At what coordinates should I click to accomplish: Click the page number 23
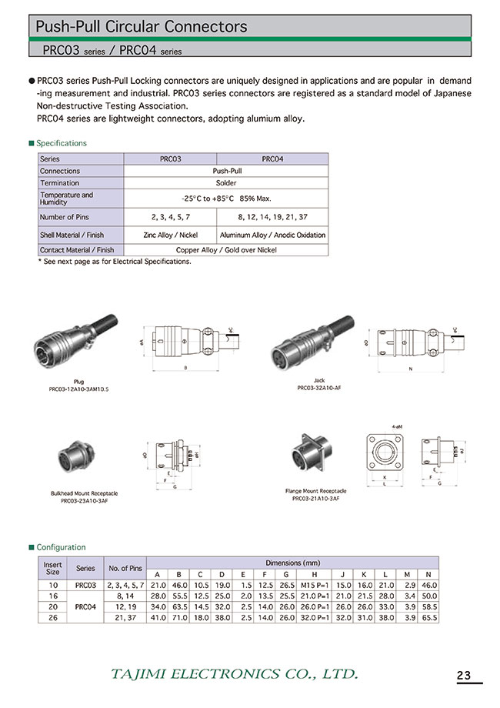point(464,676)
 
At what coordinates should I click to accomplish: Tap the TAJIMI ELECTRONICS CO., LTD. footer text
point(235,674)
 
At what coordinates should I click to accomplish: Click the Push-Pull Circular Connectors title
point(142,27)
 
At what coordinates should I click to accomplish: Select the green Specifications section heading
point(62,143)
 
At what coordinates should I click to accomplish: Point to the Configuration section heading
point(61,547)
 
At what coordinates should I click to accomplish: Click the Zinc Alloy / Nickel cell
point(170,235)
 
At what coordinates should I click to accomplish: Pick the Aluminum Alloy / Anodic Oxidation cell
point(272,235)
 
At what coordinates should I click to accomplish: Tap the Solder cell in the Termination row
point(225,183)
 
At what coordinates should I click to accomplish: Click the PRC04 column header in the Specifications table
point(272,159)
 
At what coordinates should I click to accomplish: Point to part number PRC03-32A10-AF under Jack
point(319,389)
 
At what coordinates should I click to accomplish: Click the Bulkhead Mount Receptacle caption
point(79,493)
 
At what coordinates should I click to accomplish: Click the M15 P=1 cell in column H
point(316,586)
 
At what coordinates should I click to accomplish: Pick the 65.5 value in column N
point(428,617)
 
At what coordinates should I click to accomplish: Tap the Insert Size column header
point(52,567)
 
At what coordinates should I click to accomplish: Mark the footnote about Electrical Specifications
point(114,262)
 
